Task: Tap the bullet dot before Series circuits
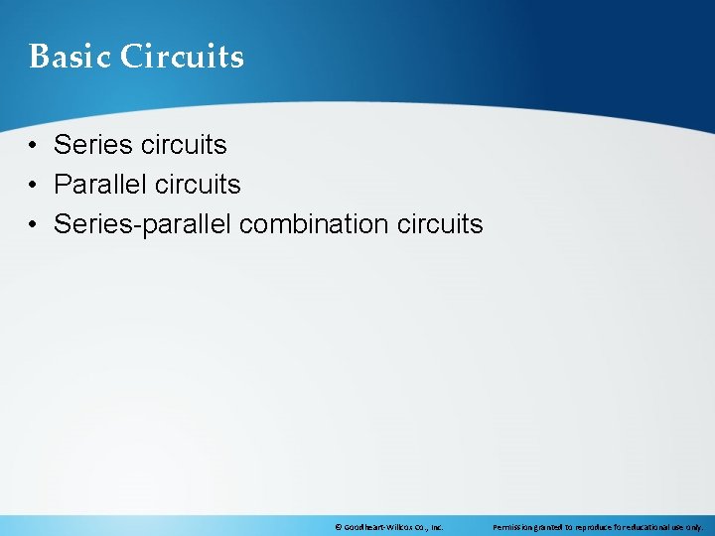pyautogui.click(x=34, y=146)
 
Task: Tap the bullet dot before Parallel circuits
pyautogui.click(x=34, y=186)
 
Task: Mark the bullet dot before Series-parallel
pyautogui.click(x=34, y=225)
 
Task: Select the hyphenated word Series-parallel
pyautogui.click(x=143, y=224)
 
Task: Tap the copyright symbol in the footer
pyautogui.click(x=339, y=526)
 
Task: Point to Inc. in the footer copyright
pyautogui.click(x=436, y=526)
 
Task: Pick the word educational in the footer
pyautogui.click(x=648, y=526)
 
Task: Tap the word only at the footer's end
pyautogui.click(x=695, y=526)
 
